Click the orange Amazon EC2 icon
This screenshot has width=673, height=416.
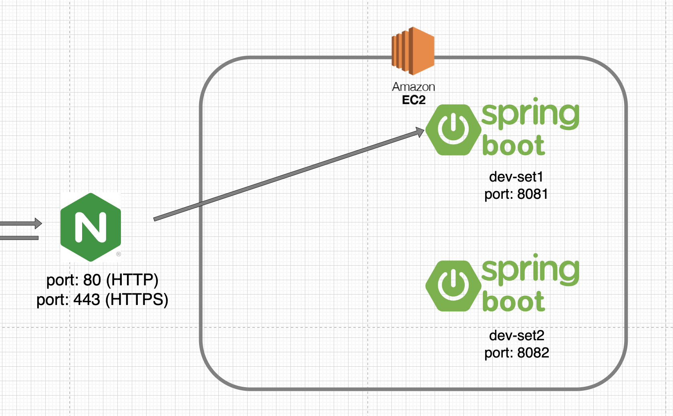(x=413, y=51)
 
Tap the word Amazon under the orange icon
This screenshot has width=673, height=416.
(x=413, y=87)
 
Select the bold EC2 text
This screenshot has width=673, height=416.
(x=413, y=100)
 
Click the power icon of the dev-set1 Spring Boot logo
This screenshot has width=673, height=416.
(x=453, y=129)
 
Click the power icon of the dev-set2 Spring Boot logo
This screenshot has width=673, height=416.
(x=453, y=286)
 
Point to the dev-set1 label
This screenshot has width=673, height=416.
(x=516, y=177)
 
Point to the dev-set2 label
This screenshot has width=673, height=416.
(x=516, y=335)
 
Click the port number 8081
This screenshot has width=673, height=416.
(x=532, y=194)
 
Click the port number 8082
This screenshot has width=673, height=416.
(x=533, y=353)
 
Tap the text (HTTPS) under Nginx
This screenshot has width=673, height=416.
(x=137, y=300)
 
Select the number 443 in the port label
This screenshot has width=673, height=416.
(x=87, y=300)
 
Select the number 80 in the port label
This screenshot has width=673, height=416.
(x=92, y=280)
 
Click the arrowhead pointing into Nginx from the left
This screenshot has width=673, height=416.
(x=38, y=223)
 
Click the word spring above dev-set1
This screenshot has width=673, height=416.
(x=530, y=115)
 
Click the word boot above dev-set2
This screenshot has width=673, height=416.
(x=514, y=302)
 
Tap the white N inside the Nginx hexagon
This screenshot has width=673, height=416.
(x=91, y=227)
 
